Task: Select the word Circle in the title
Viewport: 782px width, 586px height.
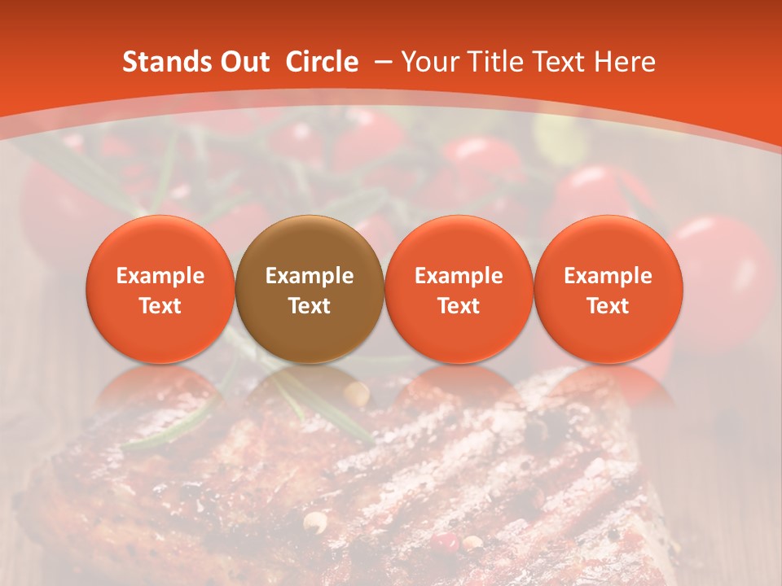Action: (322, 63)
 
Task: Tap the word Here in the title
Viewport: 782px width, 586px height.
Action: (626, 63)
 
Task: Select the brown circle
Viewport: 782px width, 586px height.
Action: (310, 290)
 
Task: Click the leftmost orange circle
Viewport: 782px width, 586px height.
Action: (160, 290)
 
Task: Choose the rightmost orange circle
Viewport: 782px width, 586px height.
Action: (608, 290)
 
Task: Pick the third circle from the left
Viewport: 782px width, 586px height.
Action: (459, 290)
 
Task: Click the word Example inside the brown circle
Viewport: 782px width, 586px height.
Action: (310, 276)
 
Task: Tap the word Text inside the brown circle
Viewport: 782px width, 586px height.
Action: (310, 306)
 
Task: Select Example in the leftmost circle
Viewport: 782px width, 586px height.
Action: (160, 276)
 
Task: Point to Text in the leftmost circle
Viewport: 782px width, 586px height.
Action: (160, 306)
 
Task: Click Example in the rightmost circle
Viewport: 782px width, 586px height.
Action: (608, 276)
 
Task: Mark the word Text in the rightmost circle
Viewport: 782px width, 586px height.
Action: (608, 306)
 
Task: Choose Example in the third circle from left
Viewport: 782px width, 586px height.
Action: (459, 276)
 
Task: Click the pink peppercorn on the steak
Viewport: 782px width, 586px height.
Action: (445, 541)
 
